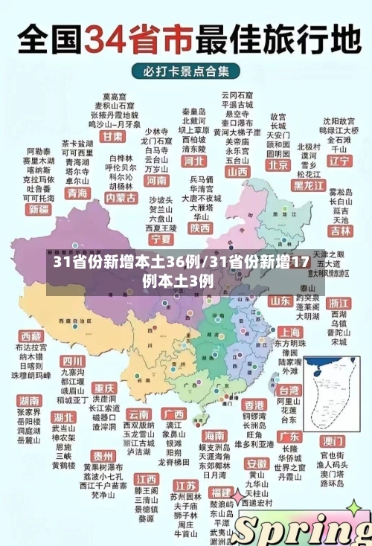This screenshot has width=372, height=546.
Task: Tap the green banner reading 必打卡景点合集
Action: click(186, 71)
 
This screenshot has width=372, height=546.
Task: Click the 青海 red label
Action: click(77, 193)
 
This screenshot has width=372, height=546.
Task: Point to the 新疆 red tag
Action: click(38, 210)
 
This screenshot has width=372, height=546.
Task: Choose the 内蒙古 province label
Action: click(121, 199)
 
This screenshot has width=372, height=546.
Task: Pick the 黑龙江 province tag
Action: click(309, 184)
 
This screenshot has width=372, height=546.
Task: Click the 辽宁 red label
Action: click(339, 161)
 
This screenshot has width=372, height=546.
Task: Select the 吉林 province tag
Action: click(341, 231)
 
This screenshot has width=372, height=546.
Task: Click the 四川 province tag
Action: click(73, 361)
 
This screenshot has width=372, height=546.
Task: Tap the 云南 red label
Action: click(139, 414)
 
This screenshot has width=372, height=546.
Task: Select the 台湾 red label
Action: click(289, 389)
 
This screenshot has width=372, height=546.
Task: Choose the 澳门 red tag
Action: click(332, 440)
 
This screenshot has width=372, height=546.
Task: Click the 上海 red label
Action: click(289, 332)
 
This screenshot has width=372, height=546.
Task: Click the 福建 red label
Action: click(220, 492)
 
